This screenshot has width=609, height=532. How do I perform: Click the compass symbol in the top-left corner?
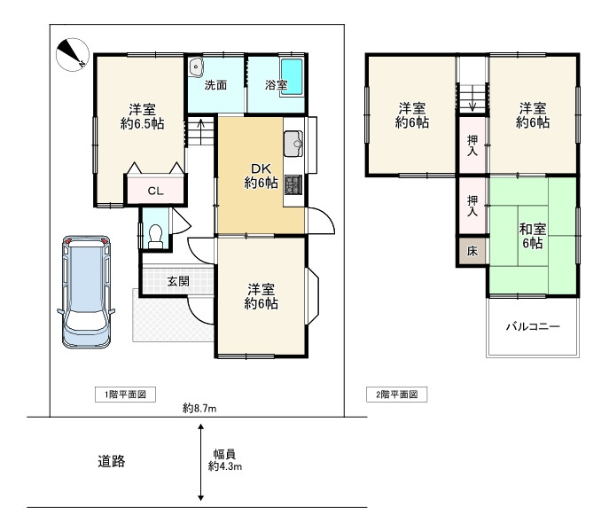coord(73,55)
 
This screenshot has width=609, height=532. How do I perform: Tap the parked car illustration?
coord(86,292)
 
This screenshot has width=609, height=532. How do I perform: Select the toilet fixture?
coord(156,236)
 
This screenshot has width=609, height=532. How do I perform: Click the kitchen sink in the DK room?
coord(293,144)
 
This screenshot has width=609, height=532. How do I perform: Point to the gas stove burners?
coord(293,185)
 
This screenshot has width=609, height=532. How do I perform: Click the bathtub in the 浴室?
coord(292,77)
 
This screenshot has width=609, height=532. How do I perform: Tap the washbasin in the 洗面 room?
coord(196,67)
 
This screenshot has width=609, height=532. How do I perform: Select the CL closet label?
coord(155,191)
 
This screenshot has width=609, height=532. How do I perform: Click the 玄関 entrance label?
coord(178,281)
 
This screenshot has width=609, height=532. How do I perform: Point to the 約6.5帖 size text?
coord(142,124)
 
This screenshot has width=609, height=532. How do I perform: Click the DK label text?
coord(261,168)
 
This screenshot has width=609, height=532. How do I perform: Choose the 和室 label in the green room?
coord(533,229)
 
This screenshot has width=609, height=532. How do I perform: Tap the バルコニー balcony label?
coord(533,326)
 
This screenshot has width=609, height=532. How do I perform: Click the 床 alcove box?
coord(472,251)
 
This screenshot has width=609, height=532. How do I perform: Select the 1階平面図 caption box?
coord(126,395)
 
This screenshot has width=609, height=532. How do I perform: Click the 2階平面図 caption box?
coord(396,395)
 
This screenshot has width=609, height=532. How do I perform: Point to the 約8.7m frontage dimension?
coord(199,408)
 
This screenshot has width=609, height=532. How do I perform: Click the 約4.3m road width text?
coord(225,466)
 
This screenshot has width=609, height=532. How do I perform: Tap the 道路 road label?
coord(112,461)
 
